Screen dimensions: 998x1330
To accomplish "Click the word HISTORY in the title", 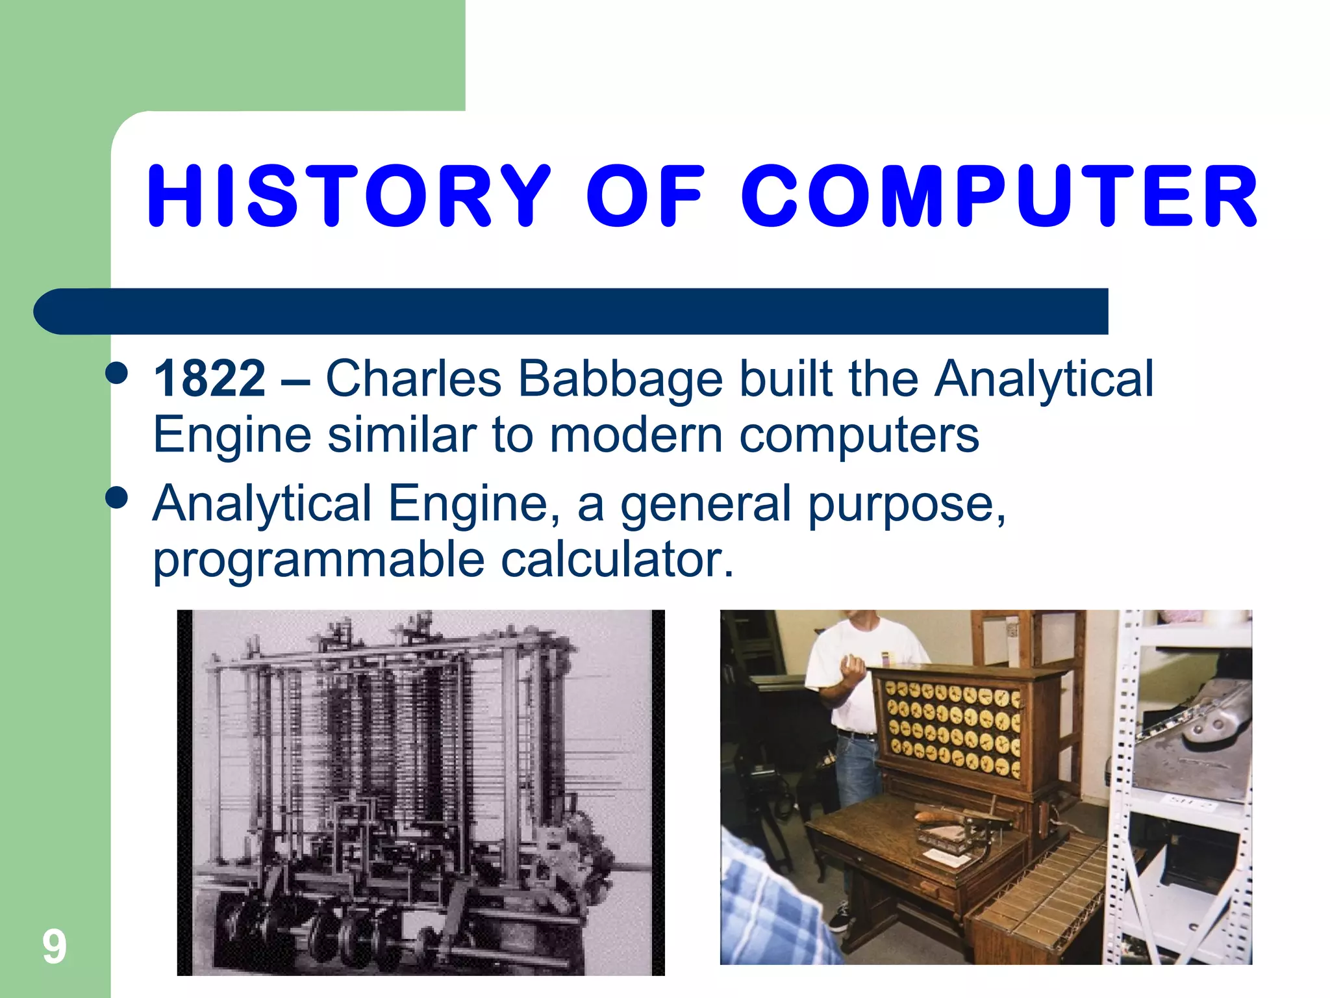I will coord(349,196).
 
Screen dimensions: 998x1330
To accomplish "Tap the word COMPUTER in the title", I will coord(999,196).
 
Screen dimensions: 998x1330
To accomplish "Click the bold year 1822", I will coord(209,379).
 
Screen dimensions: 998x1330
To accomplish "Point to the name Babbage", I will coord(620,379).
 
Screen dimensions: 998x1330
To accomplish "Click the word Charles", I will coord(413,379).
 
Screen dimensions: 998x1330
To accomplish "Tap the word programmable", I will coord(318,559).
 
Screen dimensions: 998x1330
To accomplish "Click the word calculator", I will coord(617,559).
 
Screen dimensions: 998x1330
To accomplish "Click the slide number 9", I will coord(55,947).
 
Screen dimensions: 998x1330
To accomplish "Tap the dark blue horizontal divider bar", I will coord(571,311).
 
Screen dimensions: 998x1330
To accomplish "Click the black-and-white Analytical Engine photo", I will coord(421,793).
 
